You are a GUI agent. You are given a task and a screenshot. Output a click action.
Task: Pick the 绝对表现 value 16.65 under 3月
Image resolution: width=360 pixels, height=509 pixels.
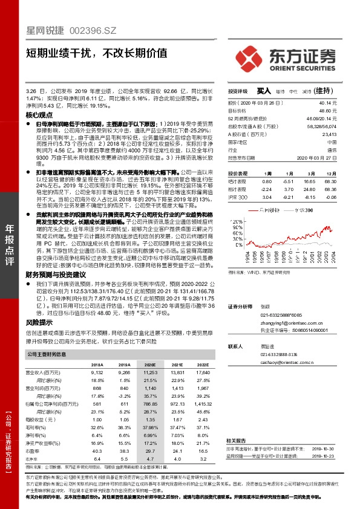point(309,181)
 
